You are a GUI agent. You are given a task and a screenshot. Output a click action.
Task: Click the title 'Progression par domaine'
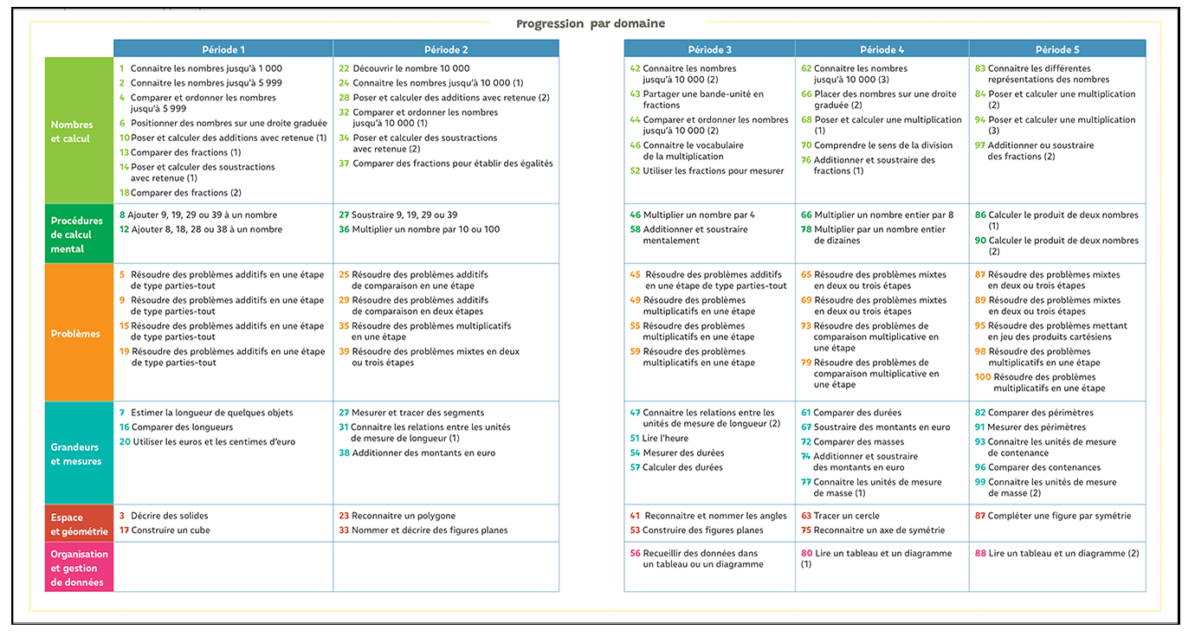pyautogui.click(x=591, y=23)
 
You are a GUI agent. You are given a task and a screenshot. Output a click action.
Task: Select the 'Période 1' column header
pyautogui.click(x=223, y=49)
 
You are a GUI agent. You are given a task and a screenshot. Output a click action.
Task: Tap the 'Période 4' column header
pyautogui.click(x=882, y=49)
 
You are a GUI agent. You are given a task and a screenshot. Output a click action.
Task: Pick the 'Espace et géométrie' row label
pyautogui.click(x=79, y=524)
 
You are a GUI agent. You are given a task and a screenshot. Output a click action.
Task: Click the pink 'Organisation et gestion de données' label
pyautogui.click(x=79, y=568)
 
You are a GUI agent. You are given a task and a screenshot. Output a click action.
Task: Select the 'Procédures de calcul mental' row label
pyautogui.click(x=79, y=234)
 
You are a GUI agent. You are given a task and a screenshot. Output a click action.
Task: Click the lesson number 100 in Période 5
pyautogui.click(x=983, y=377)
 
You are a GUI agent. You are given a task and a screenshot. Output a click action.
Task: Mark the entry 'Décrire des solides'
pyautogui.click(x=169, y=516)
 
